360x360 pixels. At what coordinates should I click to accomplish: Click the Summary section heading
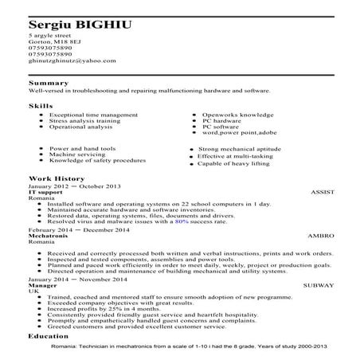[x=47, y=83]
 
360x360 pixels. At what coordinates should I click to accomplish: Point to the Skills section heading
[x=41, y=104]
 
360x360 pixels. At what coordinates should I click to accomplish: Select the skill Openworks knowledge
[x=236, y=115]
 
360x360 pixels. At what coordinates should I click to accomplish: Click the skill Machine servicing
[x=77, y=155]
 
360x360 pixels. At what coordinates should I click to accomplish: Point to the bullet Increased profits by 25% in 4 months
[x=97, y=308]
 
